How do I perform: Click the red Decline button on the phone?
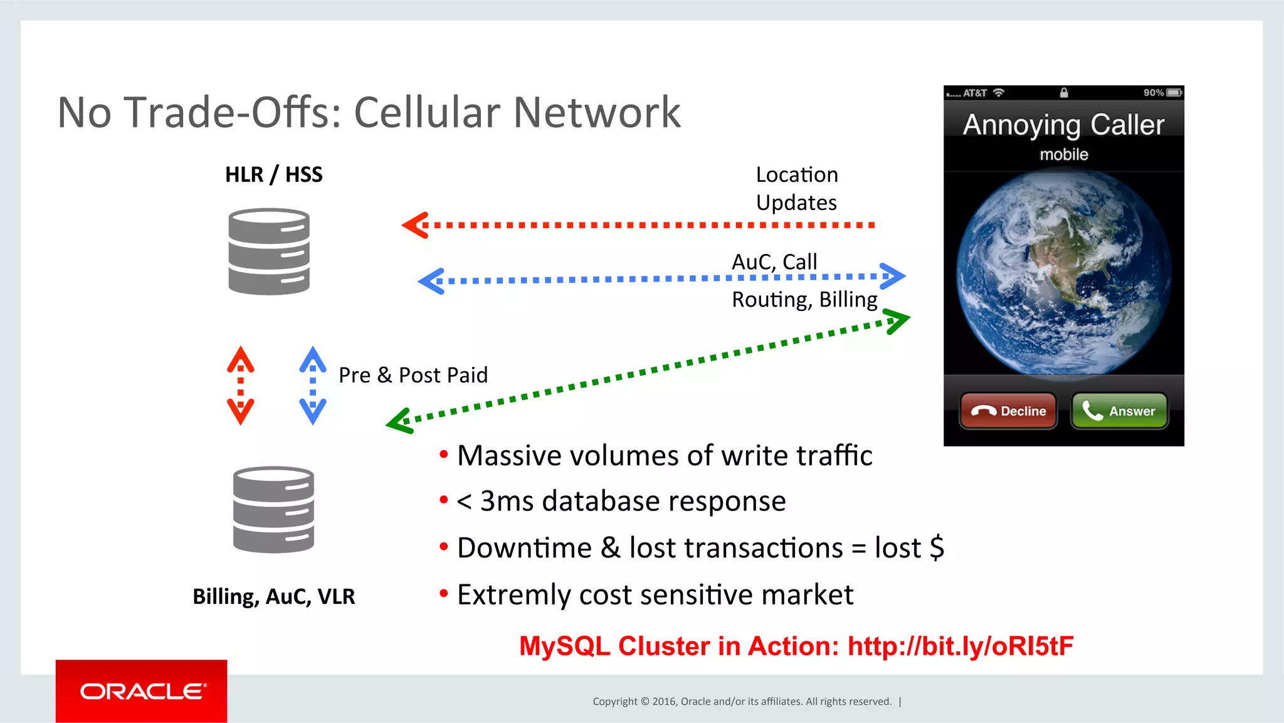click(1008, 411)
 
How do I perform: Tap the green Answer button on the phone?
click(1119, 411)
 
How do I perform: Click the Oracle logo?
click(142, 691)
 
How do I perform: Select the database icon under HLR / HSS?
click(269, 251)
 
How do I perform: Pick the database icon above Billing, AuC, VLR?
click(273, 509)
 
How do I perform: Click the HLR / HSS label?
click(274, 174)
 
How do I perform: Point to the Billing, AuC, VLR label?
click(274, 596)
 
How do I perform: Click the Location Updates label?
click(796, 188)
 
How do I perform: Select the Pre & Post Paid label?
click(413, 375)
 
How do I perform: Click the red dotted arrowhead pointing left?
click(415, 225)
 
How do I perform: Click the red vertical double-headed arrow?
click(241, 386)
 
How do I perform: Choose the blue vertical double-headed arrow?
click(313, 386)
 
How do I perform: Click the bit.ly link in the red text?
click(960, 646)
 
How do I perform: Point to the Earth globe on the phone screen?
click(1063, 273)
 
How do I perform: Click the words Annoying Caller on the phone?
click(1063, 125)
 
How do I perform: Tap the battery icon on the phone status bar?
click(1174, 93)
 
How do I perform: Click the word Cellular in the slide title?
click(426, 113)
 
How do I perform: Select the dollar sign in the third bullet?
click(937, 547)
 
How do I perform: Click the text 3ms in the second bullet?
click(507, 501)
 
